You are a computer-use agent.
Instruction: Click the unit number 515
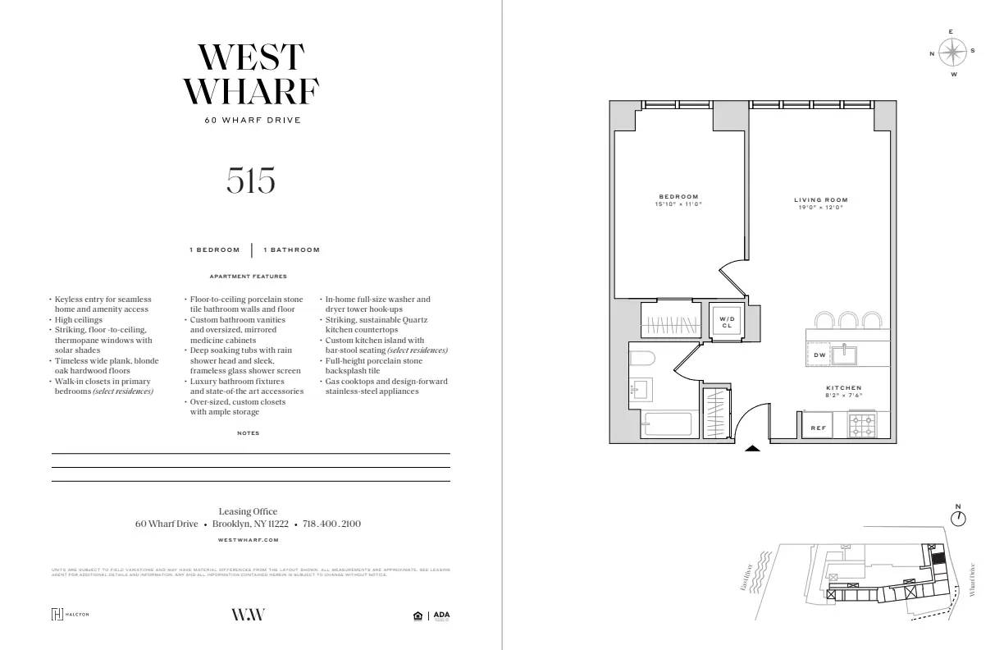250,181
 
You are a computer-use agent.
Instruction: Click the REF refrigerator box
818,428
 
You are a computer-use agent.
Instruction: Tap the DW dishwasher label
819,355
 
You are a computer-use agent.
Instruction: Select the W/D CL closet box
727,321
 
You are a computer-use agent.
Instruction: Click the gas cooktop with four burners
862,425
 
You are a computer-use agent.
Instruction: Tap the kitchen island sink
843,355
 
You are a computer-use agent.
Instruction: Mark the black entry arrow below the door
752,448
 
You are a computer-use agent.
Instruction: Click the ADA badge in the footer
441,616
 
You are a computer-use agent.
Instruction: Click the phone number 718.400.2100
331,524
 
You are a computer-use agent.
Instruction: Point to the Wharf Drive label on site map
973,579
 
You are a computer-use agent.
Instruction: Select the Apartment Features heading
248,277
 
